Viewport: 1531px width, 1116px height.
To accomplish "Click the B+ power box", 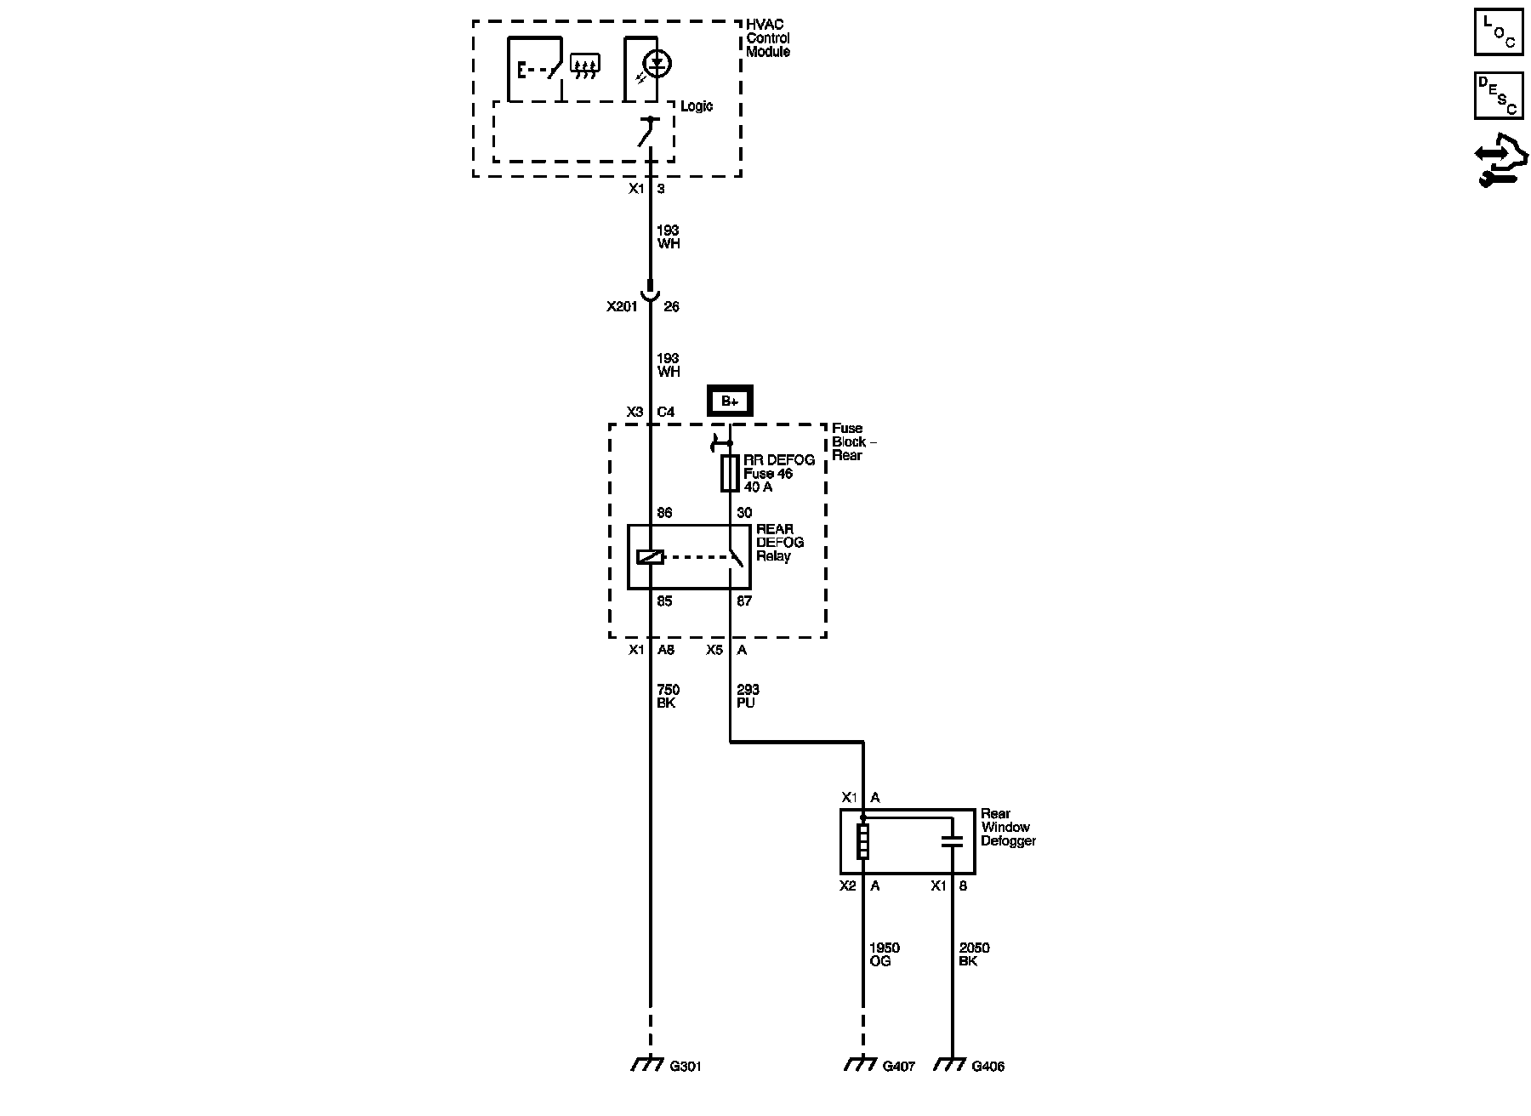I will click(x=730, y=401).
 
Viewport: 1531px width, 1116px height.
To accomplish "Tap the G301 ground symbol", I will click(x=649, y=1064).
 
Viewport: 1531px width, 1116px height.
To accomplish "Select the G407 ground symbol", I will click(x=862, y=1064).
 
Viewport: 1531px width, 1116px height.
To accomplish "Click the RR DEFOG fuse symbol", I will click(x=730, y=473).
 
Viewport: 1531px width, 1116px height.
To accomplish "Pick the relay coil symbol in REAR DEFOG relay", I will click(x=650, y=557).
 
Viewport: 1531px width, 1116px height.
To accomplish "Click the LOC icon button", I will click(x=1499, y=32).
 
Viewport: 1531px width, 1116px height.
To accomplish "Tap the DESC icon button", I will click(x=1499, y=95).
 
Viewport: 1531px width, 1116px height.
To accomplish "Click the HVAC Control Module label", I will click(x=767, y=38).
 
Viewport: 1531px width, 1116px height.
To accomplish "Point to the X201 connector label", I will click(x=622, y=307).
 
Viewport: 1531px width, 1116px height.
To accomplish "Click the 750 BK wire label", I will click(x=668, y=697).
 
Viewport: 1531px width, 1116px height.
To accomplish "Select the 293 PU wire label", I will click(x=747, y=697).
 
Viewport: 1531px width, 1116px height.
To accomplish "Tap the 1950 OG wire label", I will click(x=884, y=954).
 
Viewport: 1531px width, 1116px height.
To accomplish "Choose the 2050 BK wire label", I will click(x=973, y=954).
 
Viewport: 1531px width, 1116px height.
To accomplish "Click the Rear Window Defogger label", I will click(x=1008, y=828).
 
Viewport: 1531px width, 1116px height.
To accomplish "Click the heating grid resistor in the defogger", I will click(x=862, y=841).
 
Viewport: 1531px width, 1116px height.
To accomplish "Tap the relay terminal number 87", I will click(x=744, y=601).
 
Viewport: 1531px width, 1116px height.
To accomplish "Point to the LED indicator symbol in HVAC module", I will click(x=657, y=64).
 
